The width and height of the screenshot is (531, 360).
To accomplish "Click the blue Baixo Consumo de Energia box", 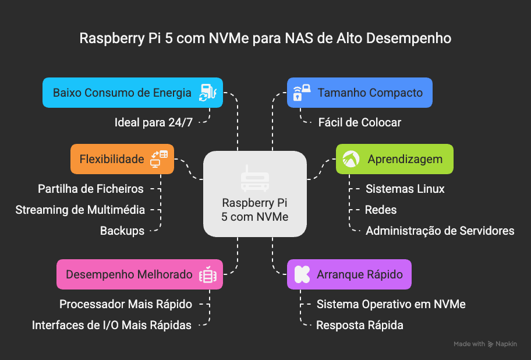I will coord(132,93).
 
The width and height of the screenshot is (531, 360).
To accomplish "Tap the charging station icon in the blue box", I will coord(207,93).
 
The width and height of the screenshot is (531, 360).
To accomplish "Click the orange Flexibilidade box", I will coord(122,159).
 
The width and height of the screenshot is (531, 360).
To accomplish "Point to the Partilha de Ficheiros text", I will coord(90,189).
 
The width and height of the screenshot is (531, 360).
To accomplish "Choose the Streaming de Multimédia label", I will coord(80,210).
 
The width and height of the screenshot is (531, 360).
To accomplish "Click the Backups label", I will coord(122,231).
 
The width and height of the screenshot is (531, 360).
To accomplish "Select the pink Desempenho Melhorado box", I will coord(140,274).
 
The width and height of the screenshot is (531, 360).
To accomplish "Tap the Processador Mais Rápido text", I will coord(126,304).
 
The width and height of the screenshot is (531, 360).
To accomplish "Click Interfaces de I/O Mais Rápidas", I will coord(112,326).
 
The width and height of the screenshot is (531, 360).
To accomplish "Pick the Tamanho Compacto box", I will coord(360,93).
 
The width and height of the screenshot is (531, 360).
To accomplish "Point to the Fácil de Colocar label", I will coord(359,122).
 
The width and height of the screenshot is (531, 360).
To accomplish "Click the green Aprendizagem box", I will coord(394,159).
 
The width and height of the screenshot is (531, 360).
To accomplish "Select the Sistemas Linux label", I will coord(405,189).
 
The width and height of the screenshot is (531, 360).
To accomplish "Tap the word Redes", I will coord(380,210).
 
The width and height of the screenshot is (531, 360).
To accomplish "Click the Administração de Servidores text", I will coord(440,231).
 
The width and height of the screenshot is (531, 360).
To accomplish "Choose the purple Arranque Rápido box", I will coord(349,274).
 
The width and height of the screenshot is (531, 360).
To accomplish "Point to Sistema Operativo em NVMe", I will coord(391,304).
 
